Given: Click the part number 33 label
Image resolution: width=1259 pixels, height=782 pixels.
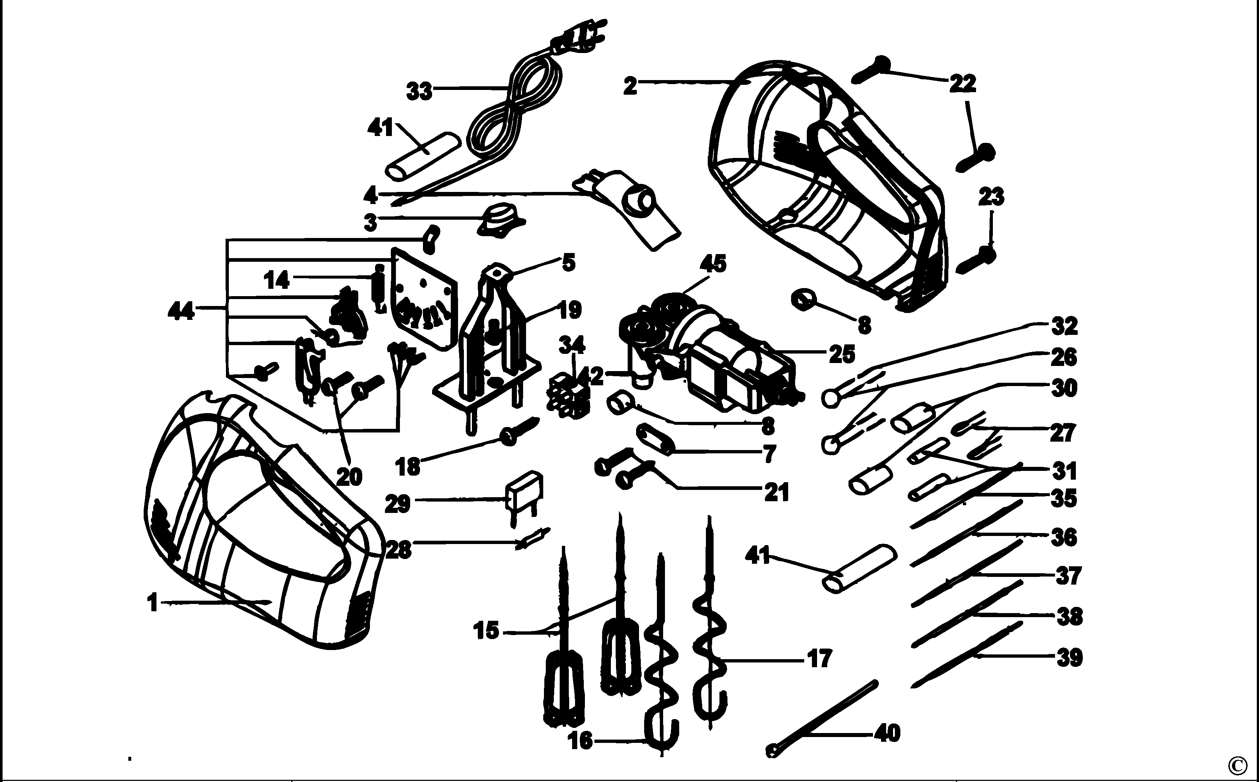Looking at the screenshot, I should click(419, 91).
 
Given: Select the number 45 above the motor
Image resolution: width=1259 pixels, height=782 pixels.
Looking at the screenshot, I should click(712, 264).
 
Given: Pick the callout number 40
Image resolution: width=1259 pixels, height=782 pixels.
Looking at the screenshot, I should click(887, 733).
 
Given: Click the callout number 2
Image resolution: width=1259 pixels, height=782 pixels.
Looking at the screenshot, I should click(630, 86).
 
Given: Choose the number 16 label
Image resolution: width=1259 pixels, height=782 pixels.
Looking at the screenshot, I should click(580, 741).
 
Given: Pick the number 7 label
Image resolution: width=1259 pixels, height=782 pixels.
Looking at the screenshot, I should click(770, 454).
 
